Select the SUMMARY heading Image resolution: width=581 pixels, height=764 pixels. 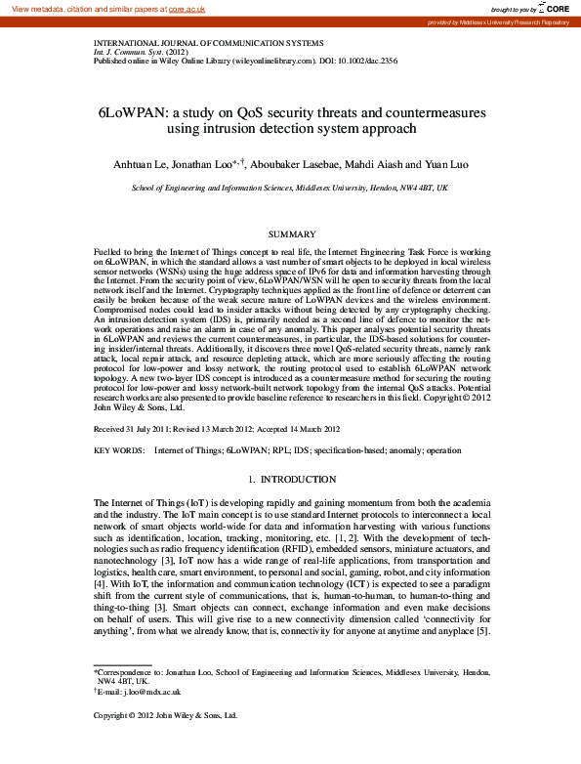click(290, 234)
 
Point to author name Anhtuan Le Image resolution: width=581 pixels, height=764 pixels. click(145, 164)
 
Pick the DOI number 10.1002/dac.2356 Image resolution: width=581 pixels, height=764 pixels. click(346, 61)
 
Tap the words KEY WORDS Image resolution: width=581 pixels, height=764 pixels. click(117, 450)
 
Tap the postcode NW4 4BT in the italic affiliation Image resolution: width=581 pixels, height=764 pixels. click(410, 187)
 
